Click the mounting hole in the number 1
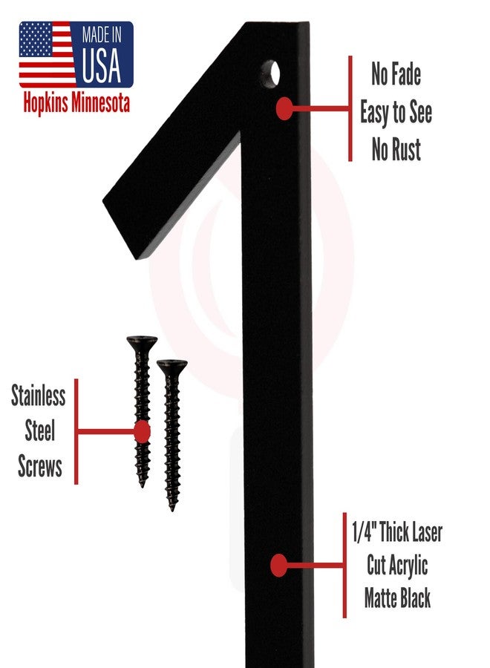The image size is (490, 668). pyautogui.click(x=270, y=74)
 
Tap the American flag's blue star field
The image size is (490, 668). pyautogui.click(x=36, y=39)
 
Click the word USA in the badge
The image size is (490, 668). pyautogui.click(x=102, y=65)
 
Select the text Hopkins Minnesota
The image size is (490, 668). pyautogui.click(x=76, y=102)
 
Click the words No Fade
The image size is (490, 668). pyautogui.click(x=396, y=74)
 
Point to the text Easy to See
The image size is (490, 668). pyautogui.click(x=396, y=112)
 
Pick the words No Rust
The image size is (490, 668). pyautogui.click(x=396, y=149)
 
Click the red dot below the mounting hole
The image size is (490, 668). pyautogui.click(x=284, y=108)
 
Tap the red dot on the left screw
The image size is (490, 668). pyautogui.click(x=142, y=432)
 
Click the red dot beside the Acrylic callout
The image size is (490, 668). pyautogui.click(x=278, y=566)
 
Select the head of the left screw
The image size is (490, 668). pyautogui.click(x=142, y=342)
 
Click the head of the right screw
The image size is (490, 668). pyautogui.click(x=171, y=365)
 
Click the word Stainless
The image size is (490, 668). pyautogui.click(x=39, y=396)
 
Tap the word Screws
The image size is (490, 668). pyautogui.click(x=40, y=466)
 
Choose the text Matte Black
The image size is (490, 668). pyautogui.click(x=397, y=597)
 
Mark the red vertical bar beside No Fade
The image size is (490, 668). pyautogui.click(x=350, y=108)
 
